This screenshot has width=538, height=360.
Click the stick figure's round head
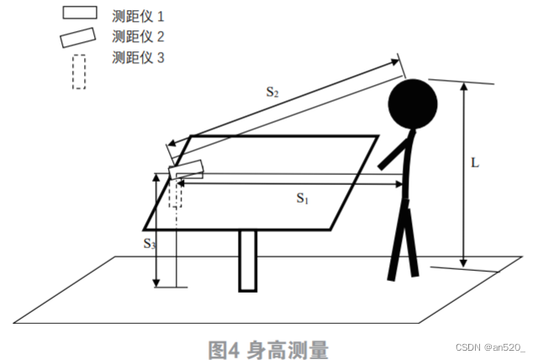pos(413,104)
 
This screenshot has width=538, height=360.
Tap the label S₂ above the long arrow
pos(272,93)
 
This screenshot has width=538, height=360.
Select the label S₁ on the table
pos(303,199)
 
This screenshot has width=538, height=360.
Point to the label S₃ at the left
pos(149,244)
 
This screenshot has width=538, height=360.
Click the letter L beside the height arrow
pos(475,164)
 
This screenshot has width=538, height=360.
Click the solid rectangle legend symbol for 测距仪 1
pos(80,14)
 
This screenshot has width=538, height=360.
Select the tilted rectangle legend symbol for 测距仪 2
pos(78,37)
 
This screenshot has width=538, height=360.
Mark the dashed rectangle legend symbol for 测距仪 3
pos(78,71)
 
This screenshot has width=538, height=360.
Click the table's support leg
pos(247,261)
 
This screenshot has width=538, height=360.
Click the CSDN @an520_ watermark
pos(491,347)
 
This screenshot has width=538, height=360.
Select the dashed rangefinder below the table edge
pos(175,193)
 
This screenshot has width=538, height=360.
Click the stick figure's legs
pos(403,244)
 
